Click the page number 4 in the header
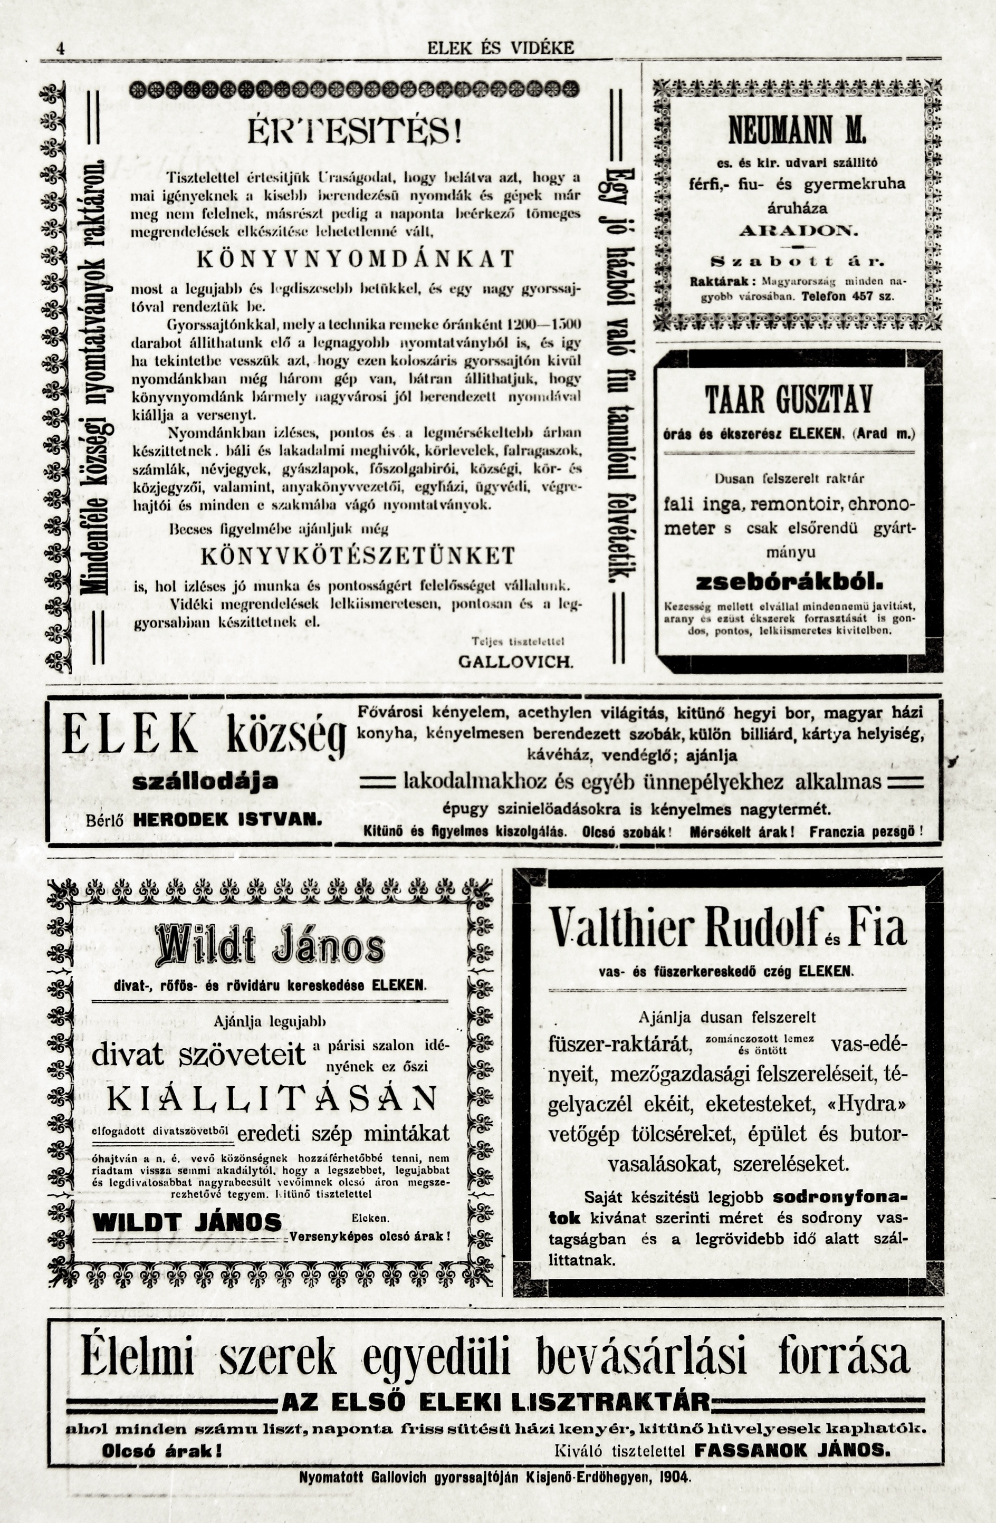[x=60, y=49]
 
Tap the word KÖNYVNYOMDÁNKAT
[x=355, y=258]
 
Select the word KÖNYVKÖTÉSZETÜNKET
[x=358, y=555]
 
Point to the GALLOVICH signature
[x=516, y=661]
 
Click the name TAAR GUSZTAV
[x=789, y=401]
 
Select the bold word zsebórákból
[x=789, y=583]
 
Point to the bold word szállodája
[x=205, y=781]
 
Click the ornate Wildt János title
[x=270, y=946]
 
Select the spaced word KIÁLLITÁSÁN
[x=272, y=1099]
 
